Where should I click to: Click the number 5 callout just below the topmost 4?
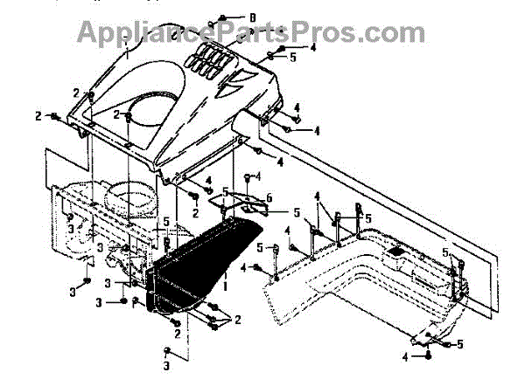coord(293,57)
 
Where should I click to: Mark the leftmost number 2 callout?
coord(38,115)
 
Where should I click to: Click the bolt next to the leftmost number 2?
coord(54,116)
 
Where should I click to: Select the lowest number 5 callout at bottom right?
coord(459,344)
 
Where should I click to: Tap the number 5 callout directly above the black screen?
coord(224,192)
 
